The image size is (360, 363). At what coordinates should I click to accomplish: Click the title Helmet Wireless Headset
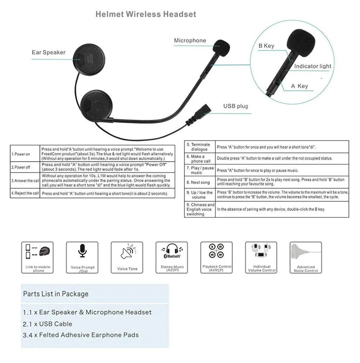(x=146, y=14)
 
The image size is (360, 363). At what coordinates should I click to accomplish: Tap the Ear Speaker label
(x=49, y=53)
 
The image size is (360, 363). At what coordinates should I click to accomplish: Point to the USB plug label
(x=236, y=106)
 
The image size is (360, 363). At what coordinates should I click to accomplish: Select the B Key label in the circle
(x=266, y=46)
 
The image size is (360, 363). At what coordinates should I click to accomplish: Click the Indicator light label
(x=312, y=66)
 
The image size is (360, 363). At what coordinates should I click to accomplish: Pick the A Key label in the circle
(x=300, y=86)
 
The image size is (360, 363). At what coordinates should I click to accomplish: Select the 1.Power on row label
(x=21, y=154)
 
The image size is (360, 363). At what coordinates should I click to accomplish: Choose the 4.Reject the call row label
(x=25, y=194)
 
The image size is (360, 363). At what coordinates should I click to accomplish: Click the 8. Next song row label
(x=201, y=182)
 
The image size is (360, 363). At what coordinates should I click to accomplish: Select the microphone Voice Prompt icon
(x=82, y=251)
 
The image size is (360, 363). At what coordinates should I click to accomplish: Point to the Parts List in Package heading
(x=56, y=294)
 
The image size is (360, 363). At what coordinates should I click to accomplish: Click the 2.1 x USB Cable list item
(x=48, y=324)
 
